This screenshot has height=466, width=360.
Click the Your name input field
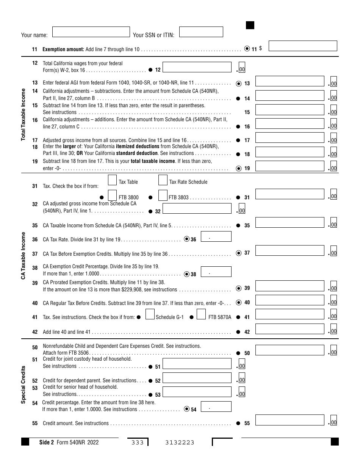91,32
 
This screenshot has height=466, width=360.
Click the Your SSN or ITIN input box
201,32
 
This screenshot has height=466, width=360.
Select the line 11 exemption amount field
303,46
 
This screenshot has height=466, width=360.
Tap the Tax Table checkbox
112,180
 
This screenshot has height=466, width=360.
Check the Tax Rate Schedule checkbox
163,180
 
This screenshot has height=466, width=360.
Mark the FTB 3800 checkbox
112,195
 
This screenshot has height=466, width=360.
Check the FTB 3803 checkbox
163,195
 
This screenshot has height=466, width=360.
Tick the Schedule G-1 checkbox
150,314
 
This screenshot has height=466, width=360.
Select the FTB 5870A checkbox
201,314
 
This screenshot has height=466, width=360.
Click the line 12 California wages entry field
197,67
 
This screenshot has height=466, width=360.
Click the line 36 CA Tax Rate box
216,237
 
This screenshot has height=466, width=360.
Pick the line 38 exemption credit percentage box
216,272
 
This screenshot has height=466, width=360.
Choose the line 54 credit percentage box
216,407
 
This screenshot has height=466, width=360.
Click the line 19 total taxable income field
290,166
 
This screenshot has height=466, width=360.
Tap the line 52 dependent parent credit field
197,378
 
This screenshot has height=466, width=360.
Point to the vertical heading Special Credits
23,385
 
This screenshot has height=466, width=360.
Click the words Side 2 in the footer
47,442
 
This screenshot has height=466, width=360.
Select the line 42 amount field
290,328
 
